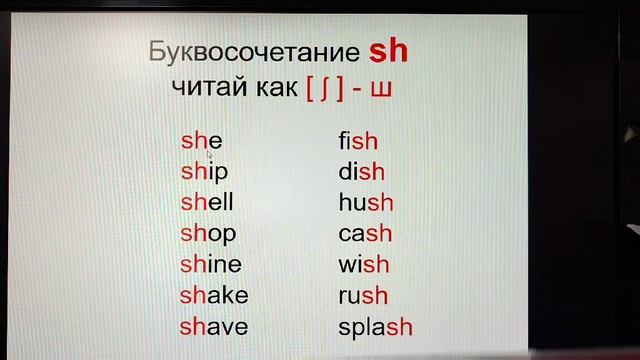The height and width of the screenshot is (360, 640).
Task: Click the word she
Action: pyautogui.click(x=201, y=141)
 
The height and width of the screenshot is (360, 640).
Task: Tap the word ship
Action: pyautogui.click(x=204, y=172)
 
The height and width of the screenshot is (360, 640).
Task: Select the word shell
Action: pyautogui.click(x=206, y=202)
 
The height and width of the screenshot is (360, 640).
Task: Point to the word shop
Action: pyautogui.click(x=208, y=234)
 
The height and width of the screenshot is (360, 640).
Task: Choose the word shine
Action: pyautogui.click(x=211, y=264)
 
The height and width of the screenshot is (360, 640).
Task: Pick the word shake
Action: pyautogui.click(x=214, y=295)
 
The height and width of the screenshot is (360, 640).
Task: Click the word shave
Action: pyautogui.click(x=214, y=326)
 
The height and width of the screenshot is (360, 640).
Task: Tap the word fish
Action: pyautogui.click(x=357, y=141)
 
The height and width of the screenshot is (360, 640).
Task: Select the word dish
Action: pyautogui.click(x=361, y=172)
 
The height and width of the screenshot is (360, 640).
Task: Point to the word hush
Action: pyautogui.click(x=366, y=203)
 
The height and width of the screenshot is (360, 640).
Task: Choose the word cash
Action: pyautogui.click(x=365, y=234)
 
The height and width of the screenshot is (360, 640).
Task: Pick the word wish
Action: pyautogui.click(x=364, y=265)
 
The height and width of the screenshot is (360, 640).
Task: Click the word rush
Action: pyautogui.click(x=363, y=296)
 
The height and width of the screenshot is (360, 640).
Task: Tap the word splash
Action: pyautogui.click(x=375, y=327)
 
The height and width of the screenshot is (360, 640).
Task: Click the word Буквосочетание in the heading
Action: pyautogui.click(x=253, y=51)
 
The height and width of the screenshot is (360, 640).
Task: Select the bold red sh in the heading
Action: pyautogui.click(x=389, y=49)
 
